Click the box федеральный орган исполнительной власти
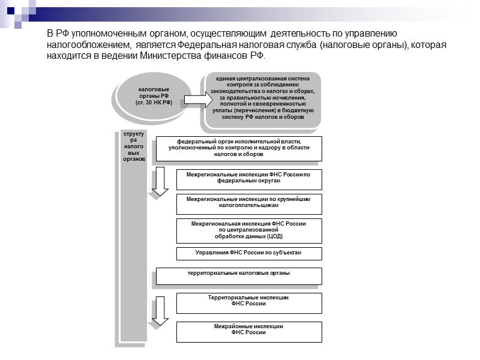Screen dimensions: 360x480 coord(239,148)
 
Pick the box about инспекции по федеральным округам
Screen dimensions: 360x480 coord(249,179)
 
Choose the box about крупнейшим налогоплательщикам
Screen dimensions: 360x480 coord(249,203)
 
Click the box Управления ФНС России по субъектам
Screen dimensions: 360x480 coord(249,253)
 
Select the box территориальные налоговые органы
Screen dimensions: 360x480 coord(239,275)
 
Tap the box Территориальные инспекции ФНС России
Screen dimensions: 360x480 coord(249,302)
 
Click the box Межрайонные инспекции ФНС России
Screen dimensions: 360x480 coord(249,332)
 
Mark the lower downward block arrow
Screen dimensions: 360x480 coord(160,311)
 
